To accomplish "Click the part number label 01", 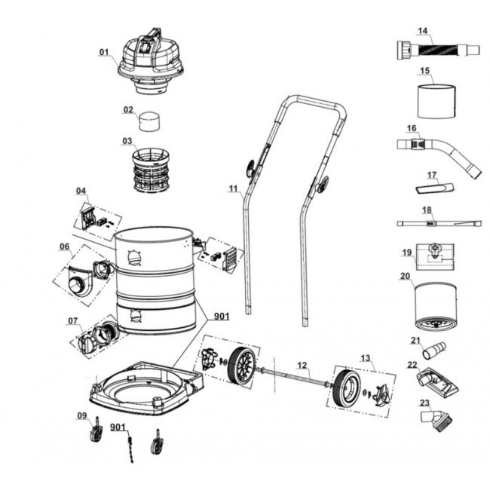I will [104, 52].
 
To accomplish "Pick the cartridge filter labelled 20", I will [436, 308].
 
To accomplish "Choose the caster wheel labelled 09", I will [96, 433].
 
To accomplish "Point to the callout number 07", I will [72, 321].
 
